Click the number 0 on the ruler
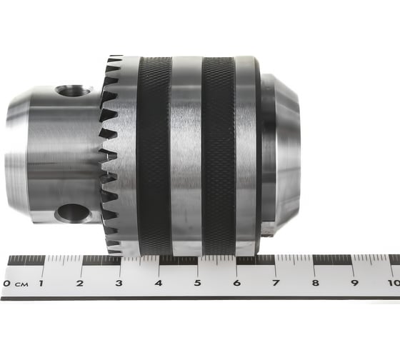click(x=6, y=283)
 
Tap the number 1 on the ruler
click(x=41, y=283)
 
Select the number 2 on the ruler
click(x=80, y=283)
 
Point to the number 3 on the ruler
click(x=119, y=283)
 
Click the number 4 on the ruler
click(x=159, y=283)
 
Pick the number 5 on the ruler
click(x=198, y=283)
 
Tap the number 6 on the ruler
click(x=237, y=283)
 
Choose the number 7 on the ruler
click(x=276, y=283)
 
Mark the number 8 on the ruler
click(x=316, y=283)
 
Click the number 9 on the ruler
click(x=355, y=283)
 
